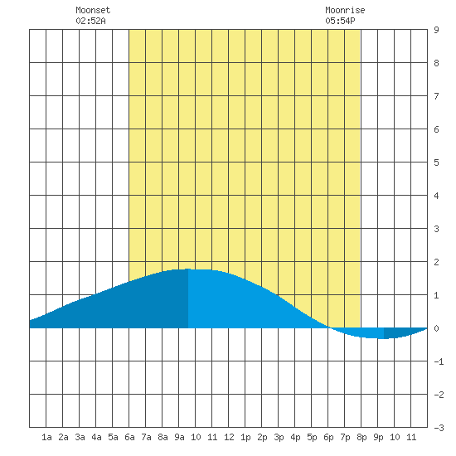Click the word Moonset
point(93,10)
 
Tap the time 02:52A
point(90,21)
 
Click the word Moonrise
point(345,10)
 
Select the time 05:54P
point(340,21)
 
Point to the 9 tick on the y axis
point(436,30)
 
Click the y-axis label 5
point(436,163)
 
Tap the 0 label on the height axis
point(436,328)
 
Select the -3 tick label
point(439,428)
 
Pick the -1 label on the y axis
point(439,361)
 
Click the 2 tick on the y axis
point(436,262)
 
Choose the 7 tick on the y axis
point(436,96)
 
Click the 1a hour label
point(46,437)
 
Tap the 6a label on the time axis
point(129,437)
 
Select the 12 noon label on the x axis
point(229,437)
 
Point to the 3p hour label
point(279,437)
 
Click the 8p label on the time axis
point(361,437)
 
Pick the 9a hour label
point(179,437)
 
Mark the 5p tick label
point(312,437)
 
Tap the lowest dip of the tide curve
point(380,338)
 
